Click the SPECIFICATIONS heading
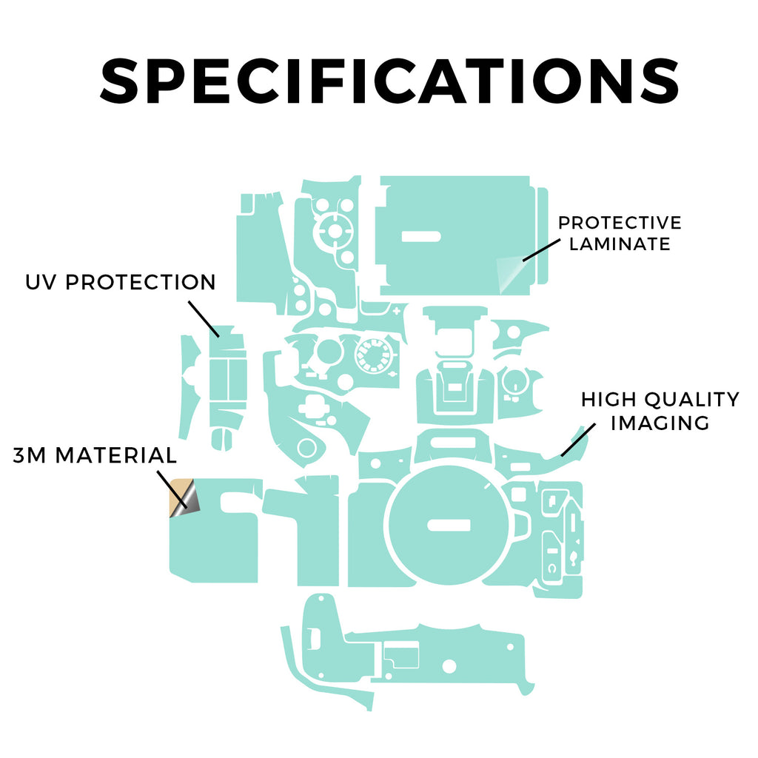pyautogui.click(x=389, y=80)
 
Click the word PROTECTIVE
pyautogui.click(x=620, y=223)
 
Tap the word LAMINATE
pyautogui.click(x=620, y=244)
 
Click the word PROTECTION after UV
pyautogui.click(x=140, y=282)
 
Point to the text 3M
pyautogui.click(x=29, y=455)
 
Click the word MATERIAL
pyautogui.click(x=116, y=455)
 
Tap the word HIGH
pyautogui.click(x=608, y=400)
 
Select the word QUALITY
pyautogui.click(x=692, y=400)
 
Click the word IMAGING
pyautogui.click(x=660, y=423)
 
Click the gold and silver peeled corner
pyautogui.click(x=184, y=498)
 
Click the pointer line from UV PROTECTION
pyautogui.click(x=204, y=319)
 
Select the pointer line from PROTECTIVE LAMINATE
pyautogui.click(x=541, y=250)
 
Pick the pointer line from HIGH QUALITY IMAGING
pyautogui.click(x=578, y=440)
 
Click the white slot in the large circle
pyautogui.click(x=449, y=525)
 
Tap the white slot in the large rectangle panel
pyautogui.click(x=421, y=236)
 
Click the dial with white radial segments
pyautogui.click(x=373, y=355)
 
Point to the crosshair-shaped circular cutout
pyautogui.click(x=334, y=231)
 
